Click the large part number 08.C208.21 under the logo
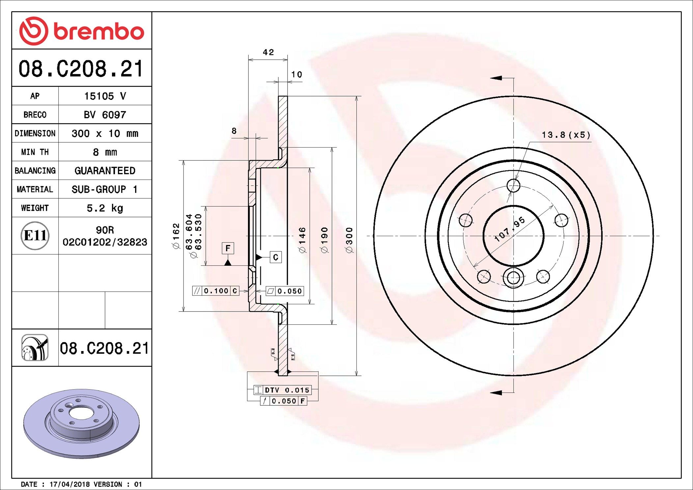[x=81, y=69]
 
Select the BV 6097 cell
[x=105, y=115]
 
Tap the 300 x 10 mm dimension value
[x=105, y=133]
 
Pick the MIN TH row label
[x=35, y=152]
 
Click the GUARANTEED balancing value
[x=105, y=171]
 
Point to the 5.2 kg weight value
[x=105, y=208]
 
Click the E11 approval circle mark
[x=35, y=235]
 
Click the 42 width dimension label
[x=268, y=52]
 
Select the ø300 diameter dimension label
[x=349, y=240]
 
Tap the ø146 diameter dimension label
[x=302, y=240]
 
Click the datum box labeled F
[x=228, y=248]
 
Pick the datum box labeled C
[x=276, y=257]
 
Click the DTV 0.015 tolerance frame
[x=283, y=390]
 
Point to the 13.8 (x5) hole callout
[x=566, y=135]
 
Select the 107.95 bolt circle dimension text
[x=510, y=229]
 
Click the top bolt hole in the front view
[x=513, y=185]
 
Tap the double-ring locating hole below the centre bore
[x=513, y=278]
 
